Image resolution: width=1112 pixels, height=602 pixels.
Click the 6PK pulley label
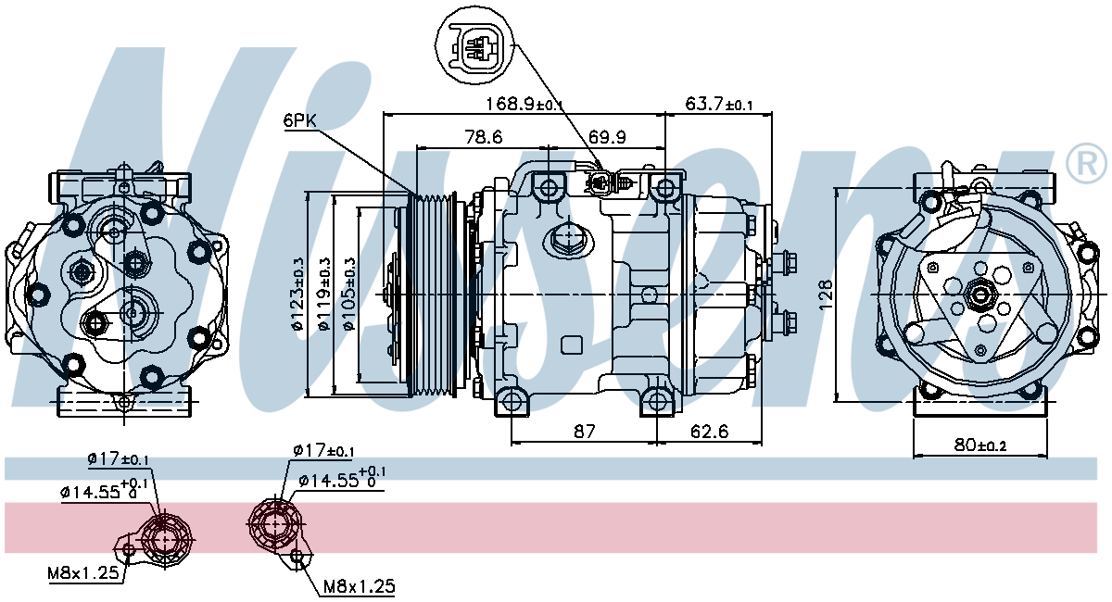pyautogui.click(x=300, y=120)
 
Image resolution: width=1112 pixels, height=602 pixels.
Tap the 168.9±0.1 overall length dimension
pyautogui.click(x=524, y=105)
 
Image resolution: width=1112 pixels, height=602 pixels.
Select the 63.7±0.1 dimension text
pyautogui.click(x=719, y=105)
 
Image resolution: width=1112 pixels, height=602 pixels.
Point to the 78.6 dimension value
pyautogui.click(x=484, y=136)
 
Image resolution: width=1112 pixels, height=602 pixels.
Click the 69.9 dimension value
pyautogui.click(x=607, y=136)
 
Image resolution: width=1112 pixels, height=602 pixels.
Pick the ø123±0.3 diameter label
pyautogui.click(x=297, y=294)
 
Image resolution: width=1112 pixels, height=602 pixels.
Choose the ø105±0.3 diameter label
pyautogui.click(x=349, y=294)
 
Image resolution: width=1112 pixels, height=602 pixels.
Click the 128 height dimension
pyautogui.click(x=825, y=295)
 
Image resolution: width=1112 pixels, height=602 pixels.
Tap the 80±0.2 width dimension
pyautogui.click(x=980, y=445)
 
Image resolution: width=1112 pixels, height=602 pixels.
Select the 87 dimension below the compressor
pyautogui.click(x=584, y=432)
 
